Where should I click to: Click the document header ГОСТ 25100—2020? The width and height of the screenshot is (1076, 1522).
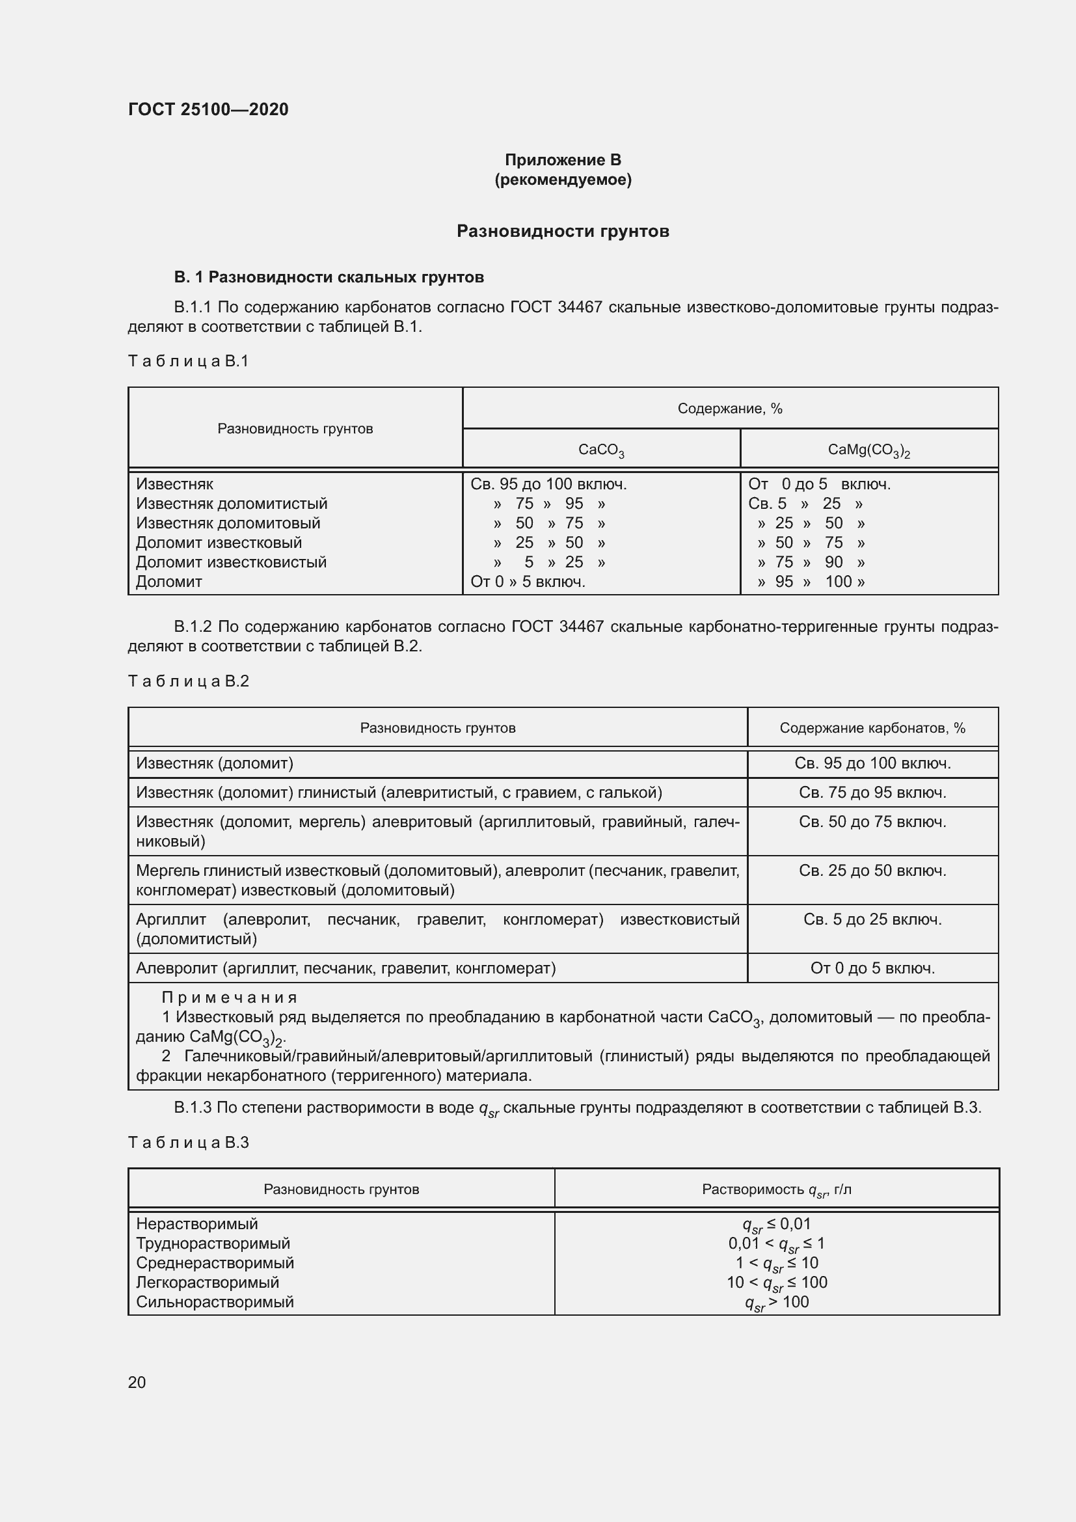pyautogui.click(x=208, y=109)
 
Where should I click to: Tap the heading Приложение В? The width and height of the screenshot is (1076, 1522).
pyautogui.click(x=563, y=160)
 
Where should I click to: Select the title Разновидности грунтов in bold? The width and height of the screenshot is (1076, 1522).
pyautogui.click(x=563, y=232)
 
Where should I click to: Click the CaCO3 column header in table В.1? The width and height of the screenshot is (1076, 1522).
pyautogui.click(x=601, y=450)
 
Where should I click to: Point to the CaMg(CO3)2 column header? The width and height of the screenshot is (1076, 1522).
pyautogui.click(x=868, y=450)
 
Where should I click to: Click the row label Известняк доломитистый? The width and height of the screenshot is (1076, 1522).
pyautogui.click(x=231, y=504)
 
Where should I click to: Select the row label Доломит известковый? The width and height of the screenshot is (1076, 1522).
pyautogui.click(x=219, y=543)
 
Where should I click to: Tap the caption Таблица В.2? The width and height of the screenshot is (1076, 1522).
pyautogui.click(x=188, y=681)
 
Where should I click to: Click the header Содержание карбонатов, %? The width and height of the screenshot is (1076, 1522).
pyautogui.click(x=872, y=728)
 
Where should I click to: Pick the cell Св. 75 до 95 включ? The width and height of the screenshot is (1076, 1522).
pyautogui.click(x=872, y=793)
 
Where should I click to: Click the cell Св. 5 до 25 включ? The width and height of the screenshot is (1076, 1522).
pyautogui.click(x=872, y=919)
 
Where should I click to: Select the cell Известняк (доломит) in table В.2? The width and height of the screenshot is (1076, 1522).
pyautogui.click(x=214, y=764)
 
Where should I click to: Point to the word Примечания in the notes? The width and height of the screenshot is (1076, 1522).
pyautogui.click(x=229, y=998)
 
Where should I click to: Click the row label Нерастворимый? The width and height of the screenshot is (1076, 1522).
pyautogui.click(x=196, y=1224)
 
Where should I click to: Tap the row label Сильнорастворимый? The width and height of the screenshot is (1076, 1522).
pyautogui.click(x=215, y=1302)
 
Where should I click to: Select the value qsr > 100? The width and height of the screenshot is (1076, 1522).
pyautogui.click(x=777, y=1303)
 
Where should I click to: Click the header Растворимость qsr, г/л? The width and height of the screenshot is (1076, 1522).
pyautogui.click(x=777, y=1190)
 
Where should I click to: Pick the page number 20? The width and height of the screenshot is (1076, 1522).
pyautogui.click(x=137, y=1383)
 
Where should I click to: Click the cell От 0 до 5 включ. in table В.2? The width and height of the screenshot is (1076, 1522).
pyautogui.click(x=872, y=968)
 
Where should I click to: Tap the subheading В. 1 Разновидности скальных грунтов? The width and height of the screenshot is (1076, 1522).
pyautogui.click(x=329, y=277)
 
